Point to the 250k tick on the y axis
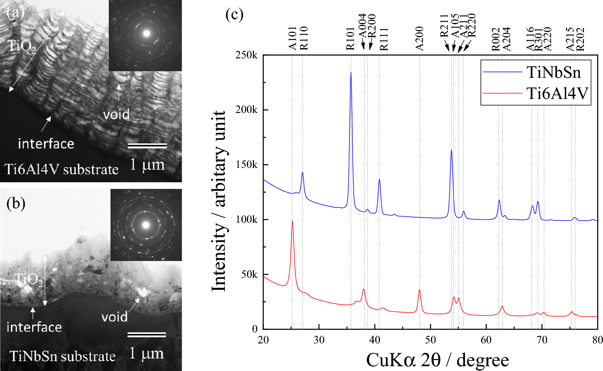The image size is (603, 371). pos(246,55)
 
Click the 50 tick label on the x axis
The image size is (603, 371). pos(430,340)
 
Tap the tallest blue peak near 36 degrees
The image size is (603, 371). pos(351,73)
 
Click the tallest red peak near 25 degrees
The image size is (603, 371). pos(292,221)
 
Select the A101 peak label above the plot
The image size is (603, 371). pos(292,38)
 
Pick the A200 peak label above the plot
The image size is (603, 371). pos(420,38)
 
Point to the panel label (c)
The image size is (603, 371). pos(234,14)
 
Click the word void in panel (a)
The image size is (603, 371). pos(116,115)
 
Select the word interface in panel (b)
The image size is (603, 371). pos(34,327)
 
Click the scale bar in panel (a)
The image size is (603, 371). pos(147,146)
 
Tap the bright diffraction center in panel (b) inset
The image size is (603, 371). pos(146,225)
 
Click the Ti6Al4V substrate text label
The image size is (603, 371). pos(61,169)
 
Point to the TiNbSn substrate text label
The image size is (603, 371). pos(63,356)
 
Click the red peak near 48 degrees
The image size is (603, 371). pos(419,290)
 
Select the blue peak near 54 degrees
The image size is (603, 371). pos(451,150)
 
